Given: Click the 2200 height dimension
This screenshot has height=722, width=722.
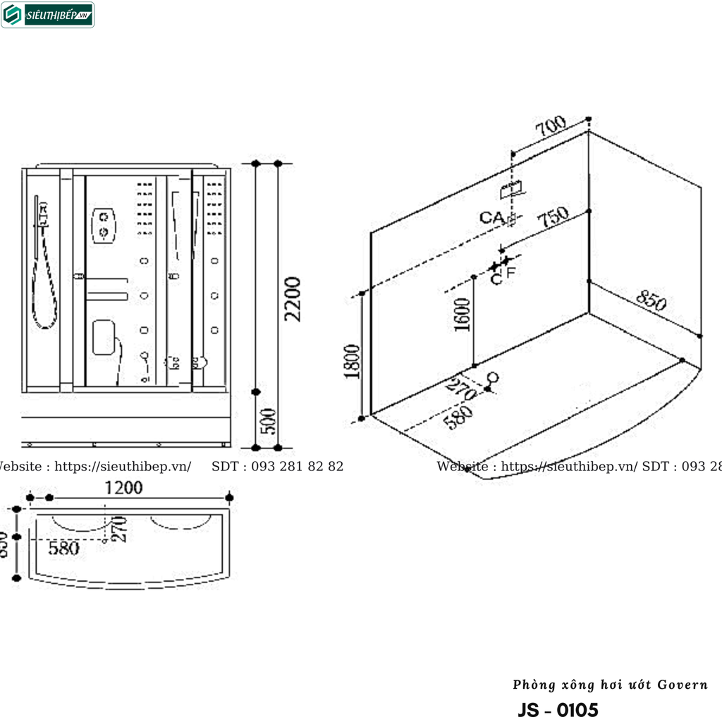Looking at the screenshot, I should coord(293,299).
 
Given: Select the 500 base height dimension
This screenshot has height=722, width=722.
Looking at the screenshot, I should coord(268,421).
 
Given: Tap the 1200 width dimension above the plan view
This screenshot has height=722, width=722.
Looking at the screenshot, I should coord(123,487).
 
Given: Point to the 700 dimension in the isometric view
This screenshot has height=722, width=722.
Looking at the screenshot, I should coord(551,128).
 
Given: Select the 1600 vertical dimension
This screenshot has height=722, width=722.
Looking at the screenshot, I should coord(462,314).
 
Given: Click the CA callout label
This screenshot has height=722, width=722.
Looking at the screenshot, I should coord(491,217).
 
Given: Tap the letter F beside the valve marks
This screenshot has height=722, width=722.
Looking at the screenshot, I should coord(510,271).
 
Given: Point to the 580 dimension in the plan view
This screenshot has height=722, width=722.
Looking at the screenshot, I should coord(64,548).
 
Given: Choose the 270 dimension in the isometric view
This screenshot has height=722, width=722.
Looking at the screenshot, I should coord(461,388).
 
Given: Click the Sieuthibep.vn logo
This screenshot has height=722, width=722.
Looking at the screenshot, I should coord(48,15).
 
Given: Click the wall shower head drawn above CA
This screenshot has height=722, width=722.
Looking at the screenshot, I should coord(512,189).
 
